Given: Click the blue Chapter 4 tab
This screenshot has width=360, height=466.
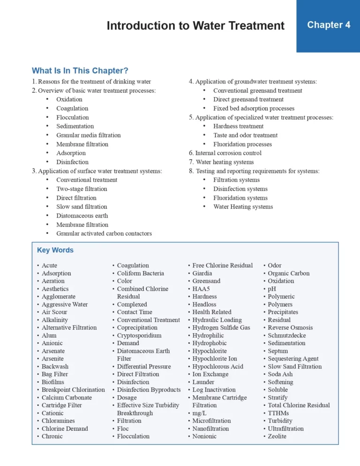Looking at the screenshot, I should [328, 25].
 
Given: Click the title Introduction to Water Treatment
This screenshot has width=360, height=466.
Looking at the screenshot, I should [195, 25].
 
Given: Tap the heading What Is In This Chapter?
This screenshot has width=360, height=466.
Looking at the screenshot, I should [80, 71].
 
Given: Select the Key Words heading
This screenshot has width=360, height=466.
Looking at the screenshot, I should [55, 250].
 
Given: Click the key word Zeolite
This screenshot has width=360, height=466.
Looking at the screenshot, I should [277, 436].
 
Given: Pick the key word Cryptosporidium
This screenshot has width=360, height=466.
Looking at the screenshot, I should [139, 335].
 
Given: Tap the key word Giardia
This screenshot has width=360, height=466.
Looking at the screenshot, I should [202, 273].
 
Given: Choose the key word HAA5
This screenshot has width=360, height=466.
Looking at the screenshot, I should [201, 289].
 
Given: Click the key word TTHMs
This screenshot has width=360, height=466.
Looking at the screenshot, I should [278, 413].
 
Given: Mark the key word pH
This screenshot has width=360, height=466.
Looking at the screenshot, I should [272, 289].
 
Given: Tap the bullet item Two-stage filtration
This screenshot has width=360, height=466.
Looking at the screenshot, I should [82, 189].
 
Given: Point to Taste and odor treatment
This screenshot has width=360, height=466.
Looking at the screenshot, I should [245, 135].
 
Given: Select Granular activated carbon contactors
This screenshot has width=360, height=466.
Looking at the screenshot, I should [104, 233].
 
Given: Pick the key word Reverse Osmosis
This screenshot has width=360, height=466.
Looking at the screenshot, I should [290, 328].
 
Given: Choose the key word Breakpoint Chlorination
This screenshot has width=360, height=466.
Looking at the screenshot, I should [73, 390].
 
